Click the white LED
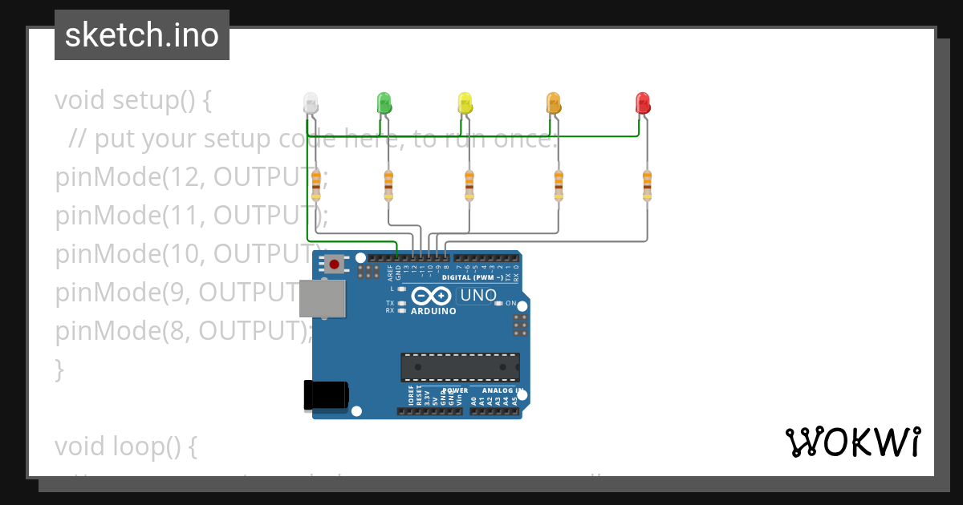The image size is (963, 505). [311, 103]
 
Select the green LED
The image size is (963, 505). [384, 103]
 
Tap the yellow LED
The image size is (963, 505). [465, 103]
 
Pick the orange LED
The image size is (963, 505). [554, 103]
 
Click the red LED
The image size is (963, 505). [643, 103]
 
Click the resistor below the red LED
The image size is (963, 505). [647, 185]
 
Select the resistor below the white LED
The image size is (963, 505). [315, 185]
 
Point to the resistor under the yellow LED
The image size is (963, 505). [469, 185]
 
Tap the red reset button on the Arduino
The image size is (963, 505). [334, 264]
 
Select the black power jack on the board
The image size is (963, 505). [325, 395]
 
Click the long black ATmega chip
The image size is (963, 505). [460, 367]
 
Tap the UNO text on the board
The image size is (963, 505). [478, 296]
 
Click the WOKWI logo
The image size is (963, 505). [852, 442]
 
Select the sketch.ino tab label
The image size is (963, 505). [142, 35]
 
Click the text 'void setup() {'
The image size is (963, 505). [133, 101]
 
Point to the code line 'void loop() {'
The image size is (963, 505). [126, 446]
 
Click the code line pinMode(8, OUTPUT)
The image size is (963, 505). [182, 331]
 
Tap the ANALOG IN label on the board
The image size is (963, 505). [502, 391]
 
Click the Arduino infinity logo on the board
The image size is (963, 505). [433, 296]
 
